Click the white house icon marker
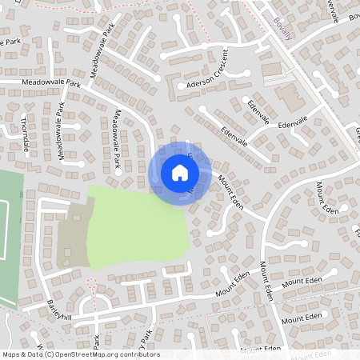tap(180, 172)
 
